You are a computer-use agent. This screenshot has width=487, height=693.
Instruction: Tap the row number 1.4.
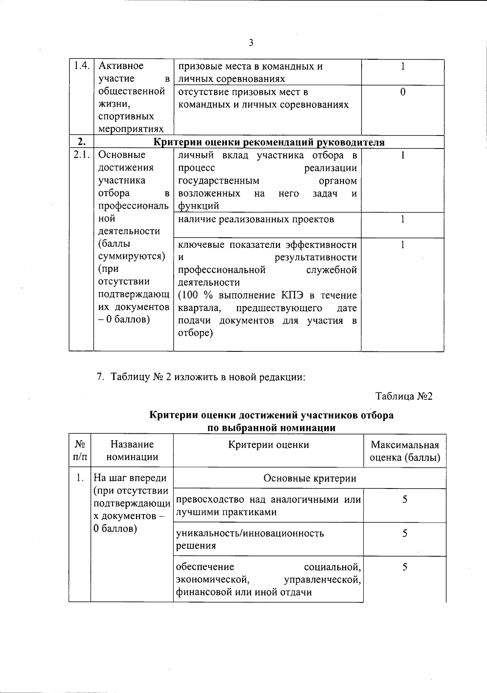tap(81, 66)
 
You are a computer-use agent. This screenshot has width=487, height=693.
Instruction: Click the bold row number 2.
tap(82, 142)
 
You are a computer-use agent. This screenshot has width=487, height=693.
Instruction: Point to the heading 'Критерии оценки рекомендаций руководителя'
tap(269, 142)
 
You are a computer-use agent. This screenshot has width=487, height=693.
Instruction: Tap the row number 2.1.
tap(81, 155)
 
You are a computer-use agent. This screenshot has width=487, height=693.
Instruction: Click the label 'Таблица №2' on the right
tap(404, 396)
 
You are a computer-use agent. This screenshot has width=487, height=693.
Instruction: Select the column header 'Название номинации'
tap(132, 450)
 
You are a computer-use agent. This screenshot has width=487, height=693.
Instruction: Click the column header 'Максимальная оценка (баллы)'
tap(405, 451)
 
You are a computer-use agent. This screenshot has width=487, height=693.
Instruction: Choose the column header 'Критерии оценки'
tap(268, 445)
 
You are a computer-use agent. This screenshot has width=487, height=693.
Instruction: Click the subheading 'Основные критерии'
tap(310, 478)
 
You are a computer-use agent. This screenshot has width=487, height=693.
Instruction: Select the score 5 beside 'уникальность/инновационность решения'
tap(405, 533)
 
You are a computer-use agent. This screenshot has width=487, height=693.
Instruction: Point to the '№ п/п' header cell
tap(80, 450)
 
